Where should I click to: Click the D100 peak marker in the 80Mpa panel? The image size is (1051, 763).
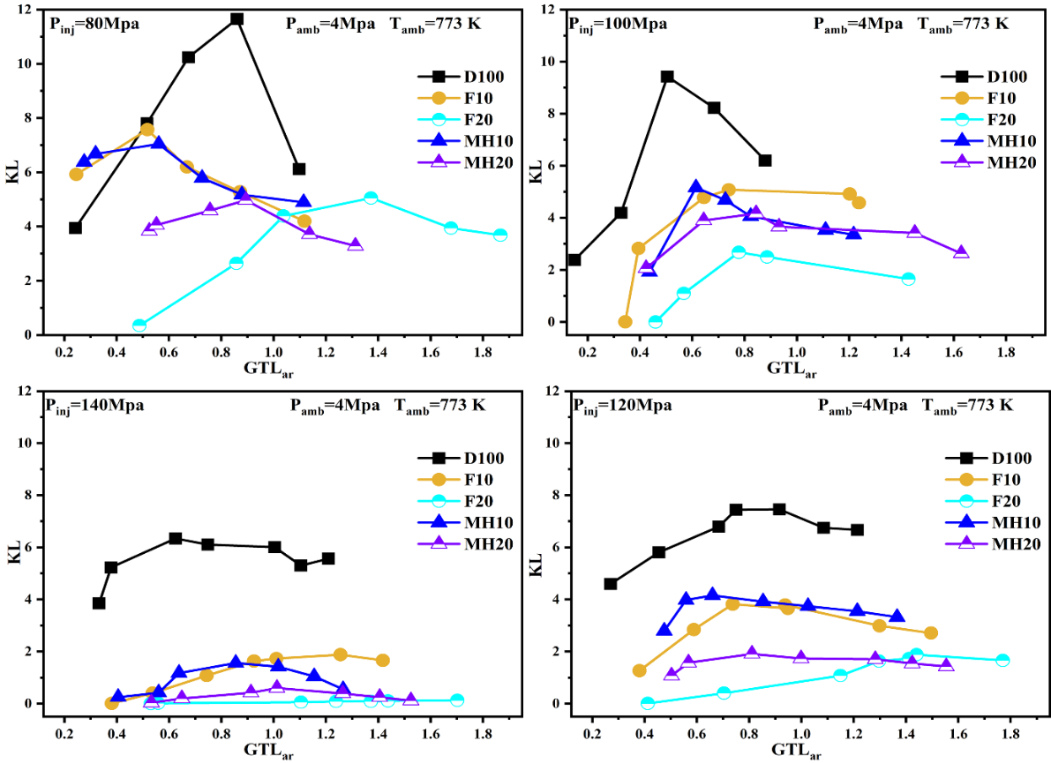coord(236,19)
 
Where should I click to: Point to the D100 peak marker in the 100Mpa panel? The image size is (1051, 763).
coord(667,77)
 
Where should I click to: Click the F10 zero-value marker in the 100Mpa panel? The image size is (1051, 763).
coord(625,322)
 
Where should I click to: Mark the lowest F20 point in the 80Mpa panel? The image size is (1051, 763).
coord(139,325)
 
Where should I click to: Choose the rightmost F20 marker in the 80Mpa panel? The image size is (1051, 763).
coord(500,236)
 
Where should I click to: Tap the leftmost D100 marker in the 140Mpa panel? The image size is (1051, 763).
coord(99,603)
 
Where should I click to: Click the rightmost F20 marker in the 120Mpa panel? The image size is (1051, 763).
coord(1002,661)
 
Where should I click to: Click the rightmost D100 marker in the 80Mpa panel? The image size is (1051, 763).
coord(299,168)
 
